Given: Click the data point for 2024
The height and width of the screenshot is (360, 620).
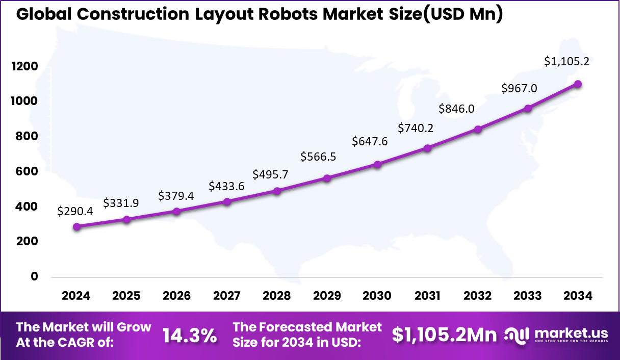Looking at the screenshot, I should [76, 226].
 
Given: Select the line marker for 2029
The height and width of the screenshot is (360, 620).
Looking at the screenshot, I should [327, 178].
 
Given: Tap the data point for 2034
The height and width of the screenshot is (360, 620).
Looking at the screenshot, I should [578, 84].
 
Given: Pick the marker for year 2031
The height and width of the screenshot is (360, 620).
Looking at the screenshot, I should [428, 148].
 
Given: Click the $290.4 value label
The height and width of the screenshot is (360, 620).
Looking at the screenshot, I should [75, 211].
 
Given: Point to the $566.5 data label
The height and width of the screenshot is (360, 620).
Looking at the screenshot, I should [318, 157].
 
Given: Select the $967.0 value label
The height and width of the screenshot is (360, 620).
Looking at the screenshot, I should [519, 88].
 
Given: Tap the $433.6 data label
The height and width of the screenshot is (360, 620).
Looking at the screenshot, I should [226, 186].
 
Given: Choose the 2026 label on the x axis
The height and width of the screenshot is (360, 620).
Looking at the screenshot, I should [176, 296].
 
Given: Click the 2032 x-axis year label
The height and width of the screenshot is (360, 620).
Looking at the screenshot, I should [478, 296].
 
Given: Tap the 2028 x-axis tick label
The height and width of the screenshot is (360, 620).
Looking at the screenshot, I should [277, 296].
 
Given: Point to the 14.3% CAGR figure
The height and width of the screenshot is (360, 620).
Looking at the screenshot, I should [189, 335].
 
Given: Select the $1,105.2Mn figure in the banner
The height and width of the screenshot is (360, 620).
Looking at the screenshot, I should [444, 335].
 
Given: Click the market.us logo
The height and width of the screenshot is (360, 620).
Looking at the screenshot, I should [556, 335].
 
